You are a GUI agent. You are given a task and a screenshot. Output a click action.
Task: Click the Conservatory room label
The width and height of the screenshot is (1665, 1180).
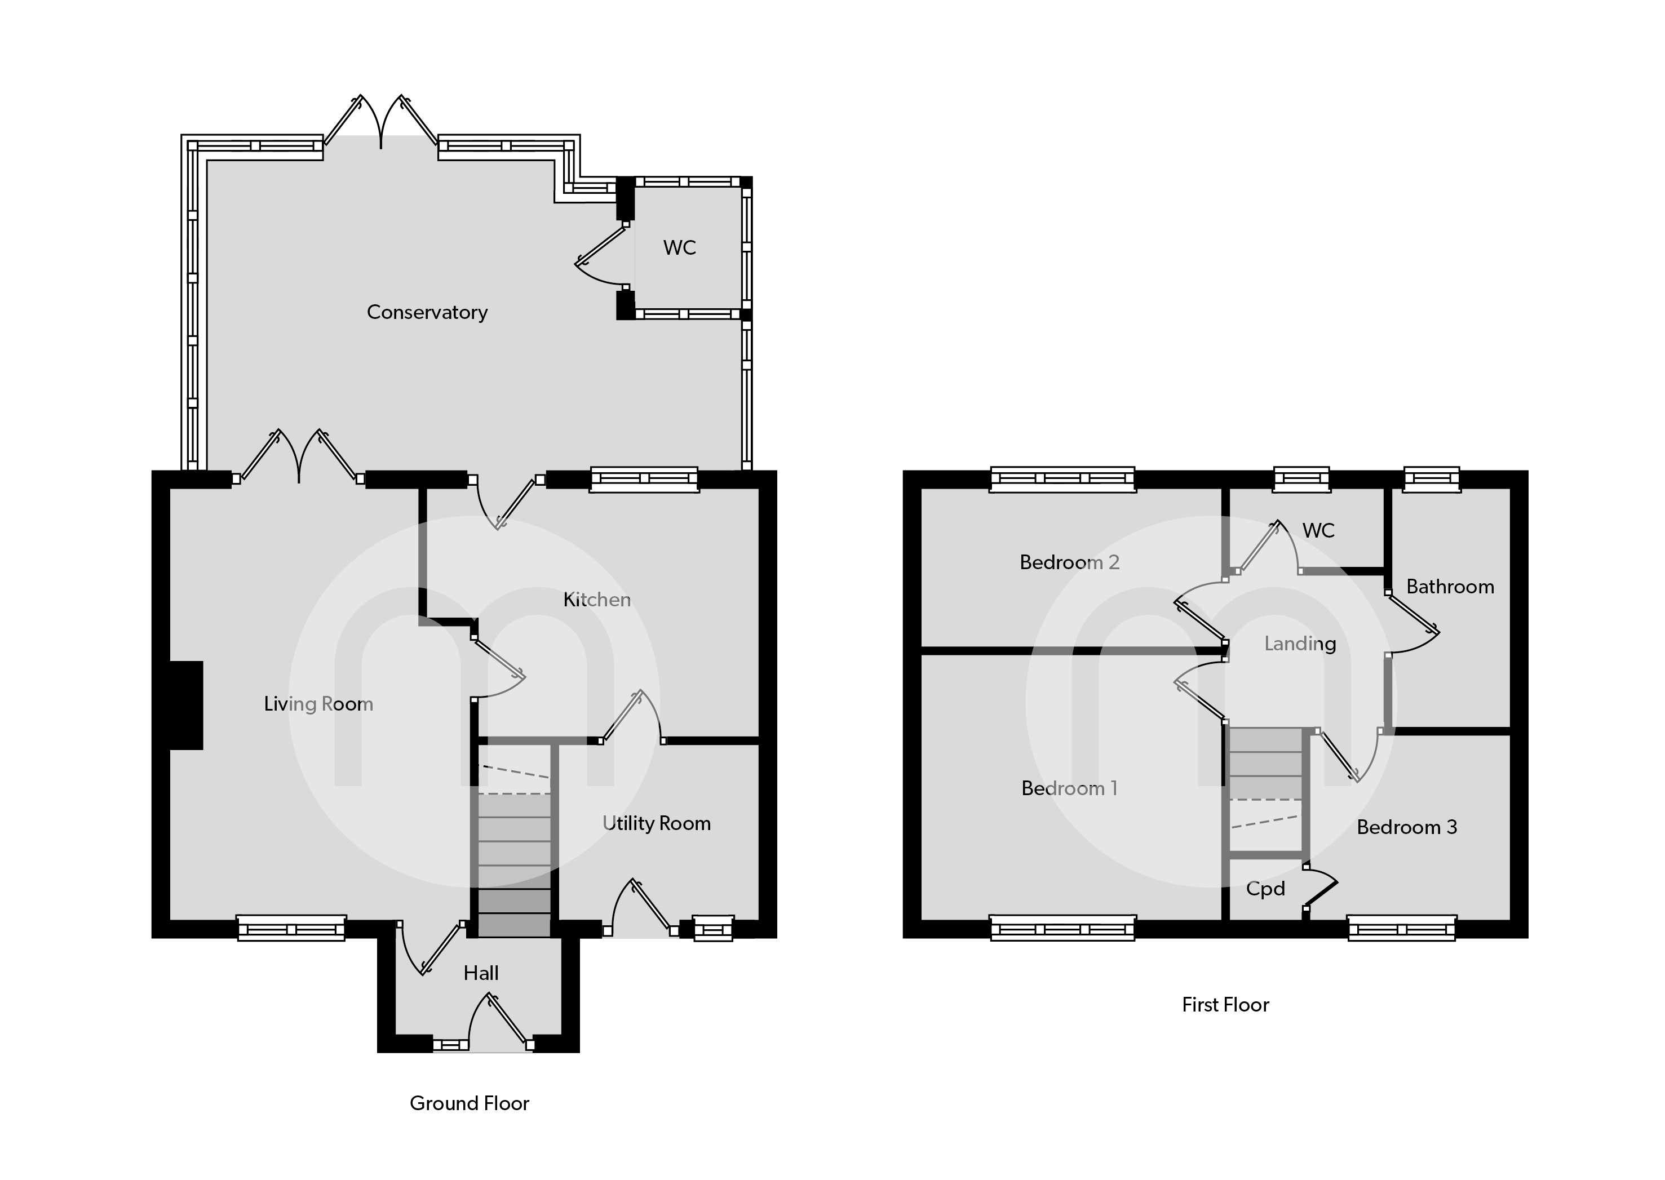pos(427,312)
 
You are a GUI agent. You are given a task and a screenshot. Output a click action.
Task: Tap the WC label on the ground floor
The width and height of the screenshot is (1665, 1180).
pos(680,248)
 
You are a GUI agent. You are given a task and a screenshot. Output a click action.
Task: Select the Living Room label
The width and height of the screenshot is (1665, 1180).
pos(318,703)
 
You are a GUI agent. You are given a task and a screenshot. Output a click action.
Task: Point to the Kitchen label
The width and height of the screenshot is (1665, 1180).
pos(597,600)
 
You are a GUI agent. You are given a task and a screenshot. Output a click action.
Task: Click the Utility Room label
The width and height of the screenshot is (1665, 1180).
pos(656,823)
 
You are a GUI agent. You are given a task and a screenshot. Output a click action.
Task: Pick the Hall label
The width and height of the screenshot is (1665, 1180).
pos(481,973)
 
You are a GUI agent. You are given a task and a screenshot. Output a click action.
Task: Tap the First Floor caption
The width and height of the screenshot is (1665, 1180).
pos(1225,1004)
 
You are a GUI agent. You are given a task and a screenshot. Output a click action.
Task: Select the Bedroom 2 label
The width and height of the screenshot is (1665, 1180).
pos(1069,562)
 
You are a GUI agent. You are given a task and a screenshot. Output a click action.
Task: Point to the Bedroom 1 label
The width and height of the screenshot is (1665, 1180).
pos(1069,788)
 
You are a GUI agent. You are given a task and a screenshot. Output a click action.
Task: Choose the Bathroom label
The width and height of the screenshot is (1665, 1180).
pos(1450,587)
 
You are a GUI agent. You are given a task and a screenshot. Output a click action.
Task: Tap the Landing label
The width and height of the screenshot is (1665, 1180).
pos(1300,643)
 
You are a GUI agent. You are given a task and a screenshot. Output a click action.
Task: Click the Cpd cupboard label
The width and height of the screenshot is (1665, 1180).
pos(1265,889)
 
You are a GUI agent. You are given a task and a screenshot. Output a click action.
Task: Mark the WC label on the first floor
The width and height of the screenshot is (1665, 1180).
pos(1318,530)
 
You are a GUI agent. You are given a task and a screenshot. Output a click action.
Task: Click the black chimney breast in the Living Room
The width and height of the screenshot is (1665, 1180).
pos(185,705)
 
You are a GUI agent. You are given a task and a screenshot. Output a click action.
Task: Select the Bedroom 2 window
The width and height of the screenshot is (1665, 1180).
pos(1062,479)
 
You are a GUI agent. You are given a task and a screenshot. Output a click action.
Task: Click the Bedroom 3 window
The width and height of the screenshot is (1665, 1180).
pos(1401,929)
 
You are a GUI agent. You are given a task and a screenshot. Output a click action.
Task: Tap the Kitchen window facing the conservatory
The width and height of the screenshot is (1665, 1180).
pos(644,479)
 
